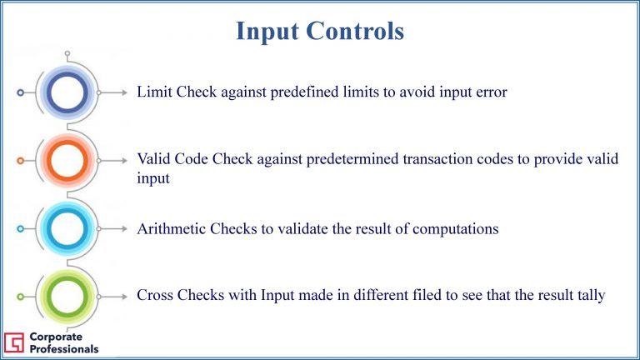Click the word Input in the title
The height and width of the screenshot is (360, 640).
pyautogui.click(x=267, y=32)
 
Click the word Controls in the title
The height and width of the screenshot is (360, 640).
pyautogui.click(x=355, y=31)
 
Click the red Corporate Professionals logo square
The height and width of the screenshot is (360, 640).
pyautogui.click(x=14, y=342)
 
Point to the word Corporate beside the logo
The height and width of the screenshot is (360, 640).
pyautogui.click(x=56, y=337)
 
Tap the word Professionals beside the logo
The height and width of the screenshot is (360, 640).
pyautogui.click(x=64, y=349)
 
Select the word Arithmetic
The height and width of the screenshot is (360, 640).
pyautogui.click(x=171, y=228)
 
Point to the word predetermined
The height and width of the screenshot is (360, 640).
pyautogui.click(x=352, y=159)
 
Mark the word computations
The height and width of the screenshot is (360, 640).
pyautogui.click(x=456, y=229)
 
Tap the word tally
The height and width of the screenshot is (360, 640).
pyautogui.click(x=592, y=296)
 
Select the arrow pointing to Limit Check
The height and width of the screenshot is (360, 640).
pyautogui.click(x=113, y=92)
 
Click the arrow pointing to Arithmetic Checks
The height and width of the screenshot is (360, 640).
pyautogui.click(x=113, y=228)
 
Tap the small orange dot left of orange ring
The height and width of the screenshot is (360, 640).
pyautogui.click(x=20, y=160)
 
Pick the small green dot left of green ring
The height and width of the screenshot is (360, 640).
pyautogui.click(x=20, y=297)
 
